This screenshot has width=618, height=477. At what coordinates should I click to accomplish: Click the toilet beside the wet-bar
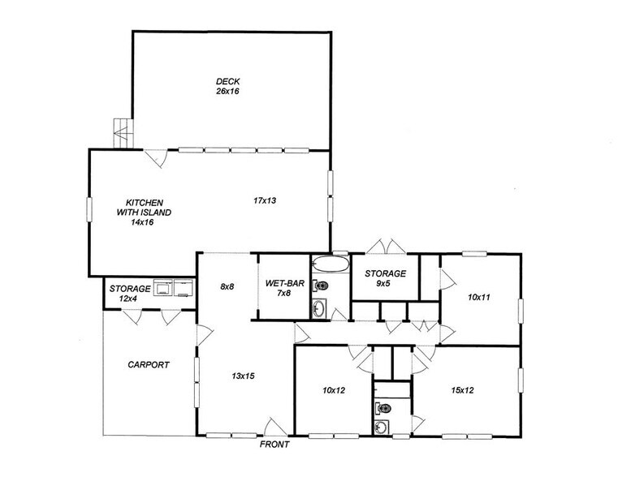[x=321, y=286]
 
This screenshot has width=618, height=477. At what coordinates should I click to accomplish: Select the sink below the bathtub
[x=318, y=308]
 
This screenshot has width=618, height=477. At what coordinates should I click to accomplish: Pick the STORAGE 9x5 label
[x=385, y=278]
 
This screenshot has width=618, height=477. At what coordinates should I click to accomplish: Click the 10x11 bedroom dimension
[x=480, y=298]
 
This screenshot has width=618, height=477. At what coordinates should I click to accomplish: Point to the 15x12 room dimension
[x=465, y=390]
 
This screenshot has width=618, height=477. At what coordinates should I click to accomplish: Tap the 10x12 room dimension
[x=334, y=391]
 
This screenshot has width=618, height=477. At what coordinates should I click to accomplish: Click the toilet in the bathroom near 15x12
[x=383, y=408]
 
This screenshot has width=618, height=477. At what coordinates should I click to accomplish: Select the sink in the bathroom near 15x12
[x=382, y=428]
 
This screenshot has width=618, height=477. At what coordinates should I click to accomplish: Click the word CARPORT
[x=148, y=365]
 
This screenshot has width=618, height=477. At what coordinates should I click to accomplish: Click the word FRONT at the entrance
[x=274, y=445]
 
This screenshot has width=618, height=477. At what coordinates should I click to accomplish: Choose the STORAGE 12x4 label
[x=130, y=294]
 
